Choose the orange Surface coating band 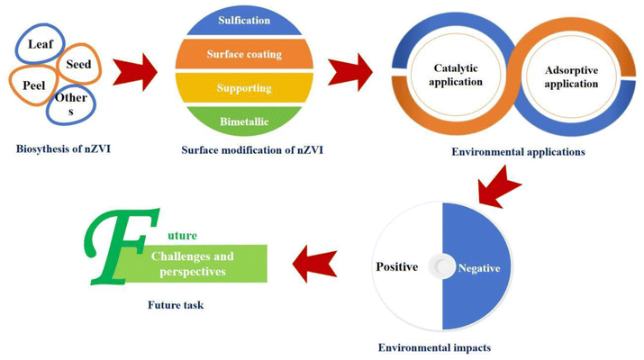[244, 54]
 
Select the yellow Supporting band [244, 88]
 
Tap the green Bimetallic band [244, 121]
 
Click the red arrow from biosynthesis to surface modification [135, 73]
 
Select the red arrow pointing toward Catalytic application [350, 73]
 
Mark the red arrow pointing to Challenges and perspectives [314, 264]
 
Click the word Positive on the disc [397, 266]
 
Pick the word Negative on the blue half [479, 268]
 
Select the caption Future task [176, 305]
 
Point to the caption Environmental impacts [434, 347]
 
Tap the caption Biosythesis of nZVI [63, 148]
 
